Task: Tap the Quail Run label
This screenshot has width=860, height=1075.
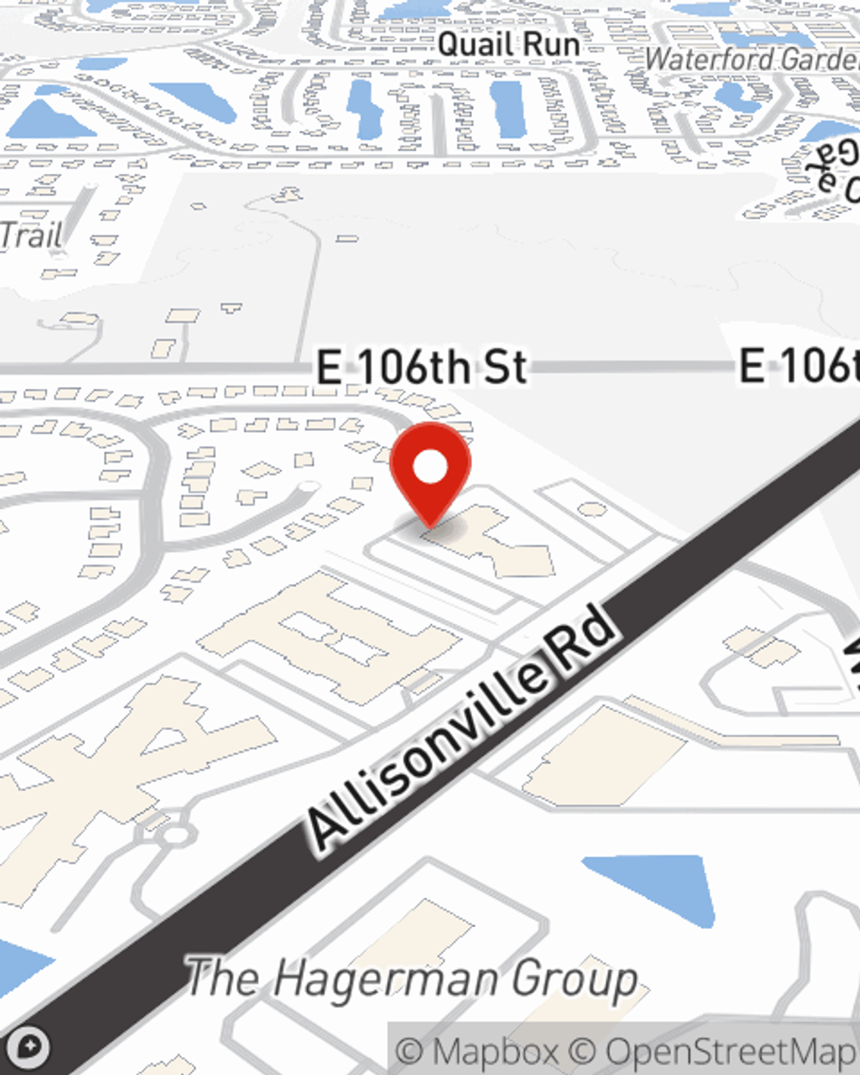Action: tap(508, 44)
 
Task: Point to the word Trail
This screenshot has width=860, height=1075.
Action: tap(31, 235)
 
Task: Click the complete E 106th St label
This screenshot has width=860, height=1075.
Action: tap(421, 367)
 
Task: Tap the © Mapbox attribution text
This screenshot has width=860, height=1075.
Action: tap(477, 1051)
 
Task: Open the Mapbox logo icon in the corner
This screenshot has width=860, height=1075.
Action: tap(29, 1047)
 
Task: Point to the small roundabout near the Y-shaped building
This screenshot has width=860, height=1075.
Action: tap(175, 833)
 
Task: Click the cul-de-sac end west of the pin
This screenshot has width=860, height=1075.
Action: tap(307, 488)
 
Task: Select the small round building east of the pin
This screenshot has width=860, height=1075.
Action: tap(591, 509)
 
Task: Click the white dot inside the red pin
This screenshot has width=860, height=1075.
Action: tap(430, 467)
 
